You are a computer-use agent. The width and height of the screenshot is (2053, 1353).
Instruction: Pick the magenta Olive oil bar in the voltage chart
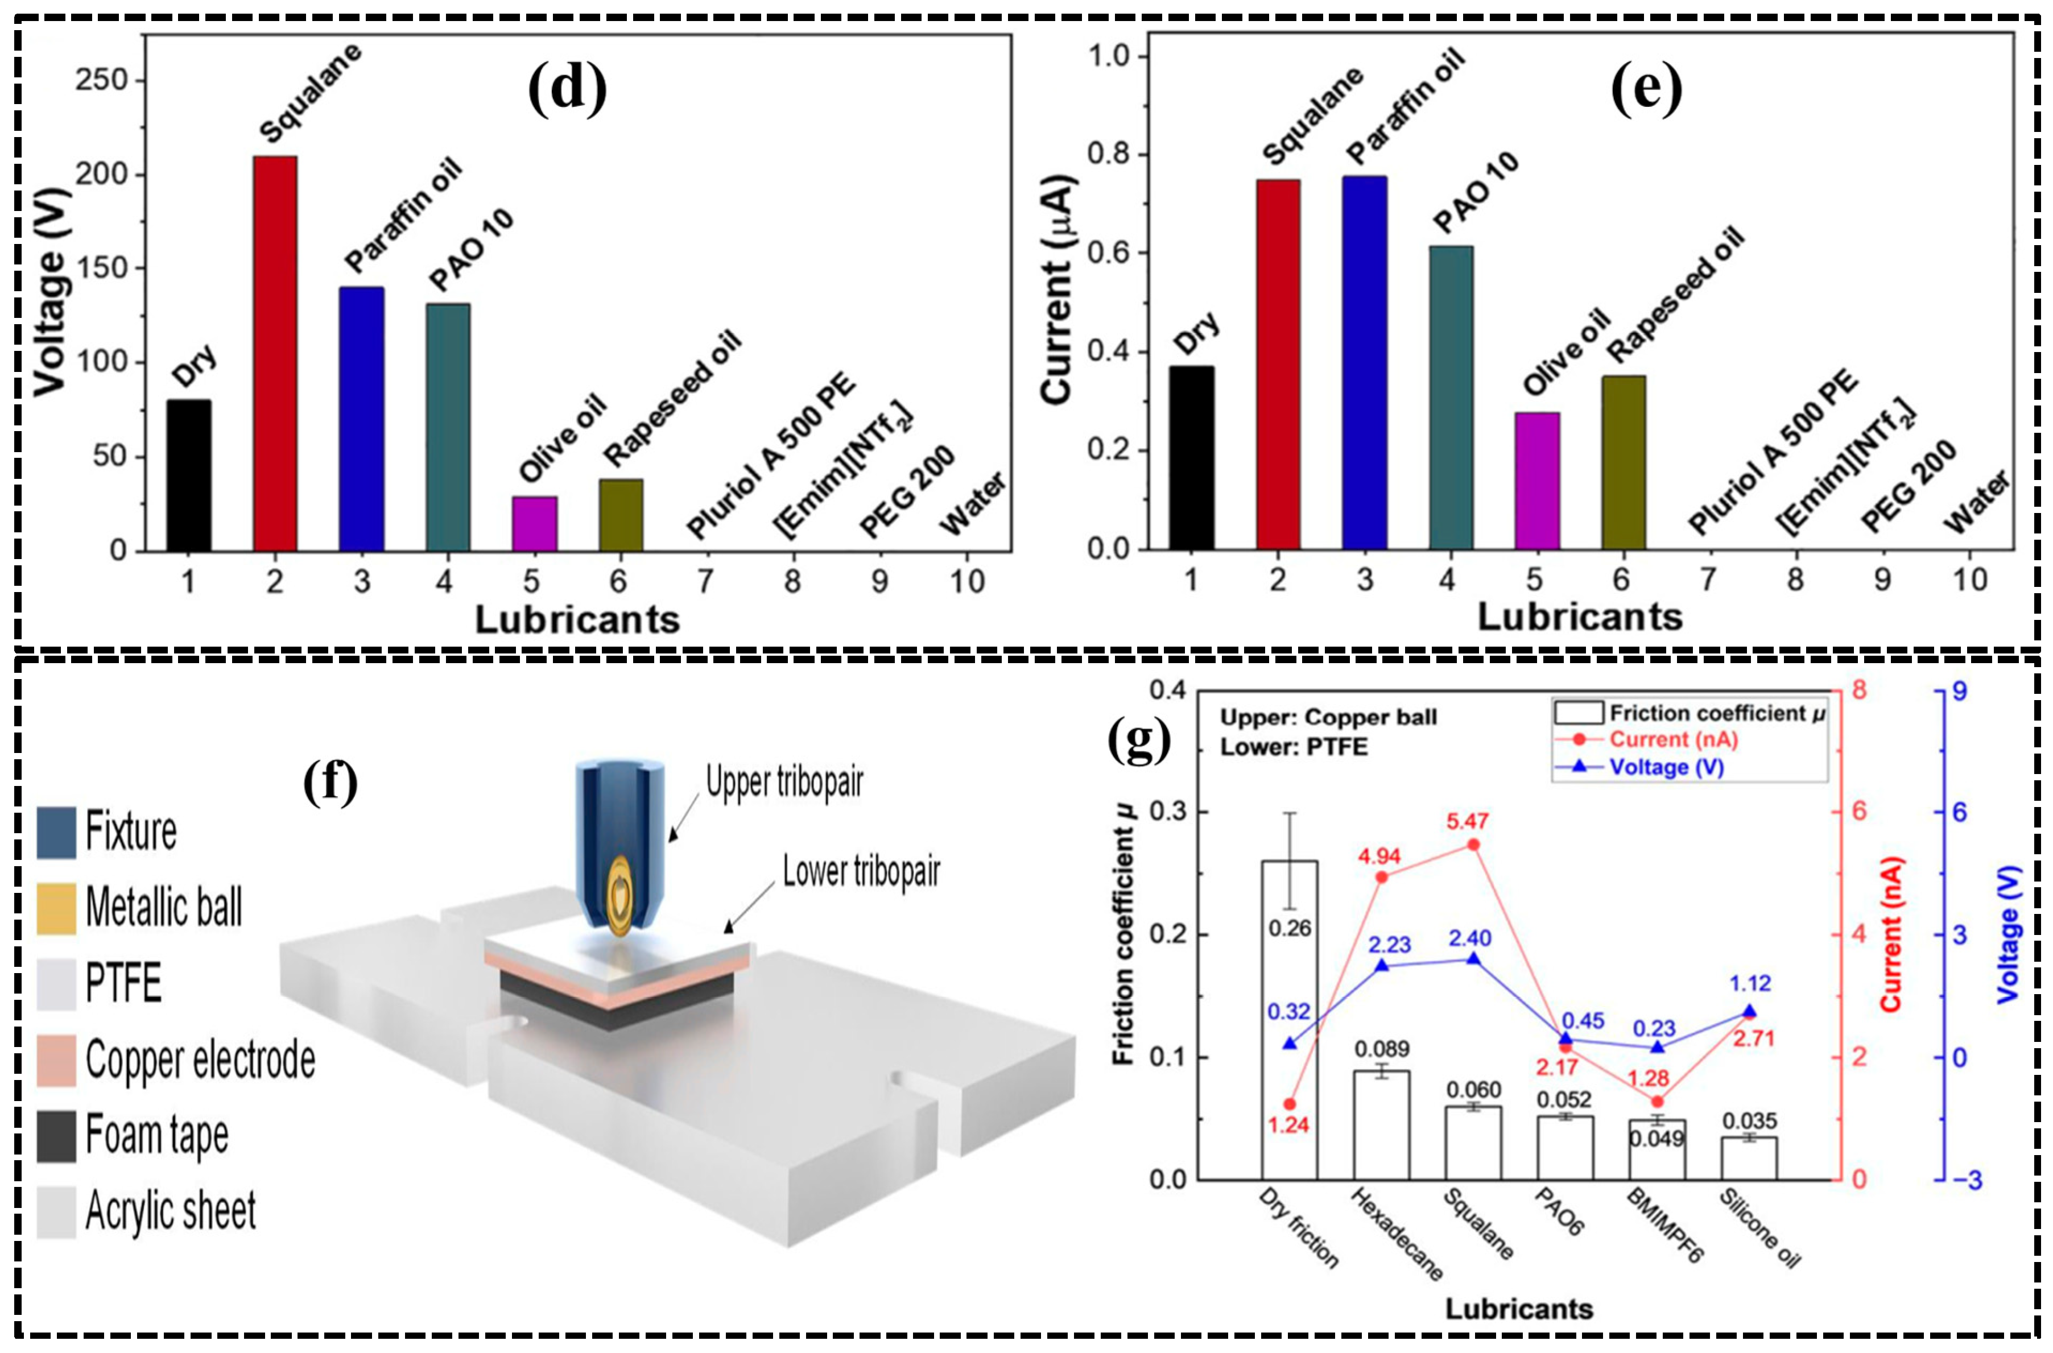pyautogui.click(x=534, y=524)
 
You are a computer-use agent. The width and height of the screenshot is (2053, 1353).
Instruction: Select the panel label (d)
pyautogui.click(x=567, y=89)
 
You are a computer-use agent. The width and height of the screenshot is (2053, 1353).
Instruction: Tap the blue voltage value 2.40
pyautogui.click(x=1469, y=937)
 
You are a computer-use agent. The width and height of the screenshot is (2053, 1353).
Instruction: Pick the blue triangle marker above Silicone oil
pyautogui.click(x=1749, y=1011)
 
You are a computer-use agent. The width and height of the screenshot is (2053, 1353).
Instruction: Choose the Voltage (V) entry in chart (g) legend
pyautogui.click(x=1666, y=766)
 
